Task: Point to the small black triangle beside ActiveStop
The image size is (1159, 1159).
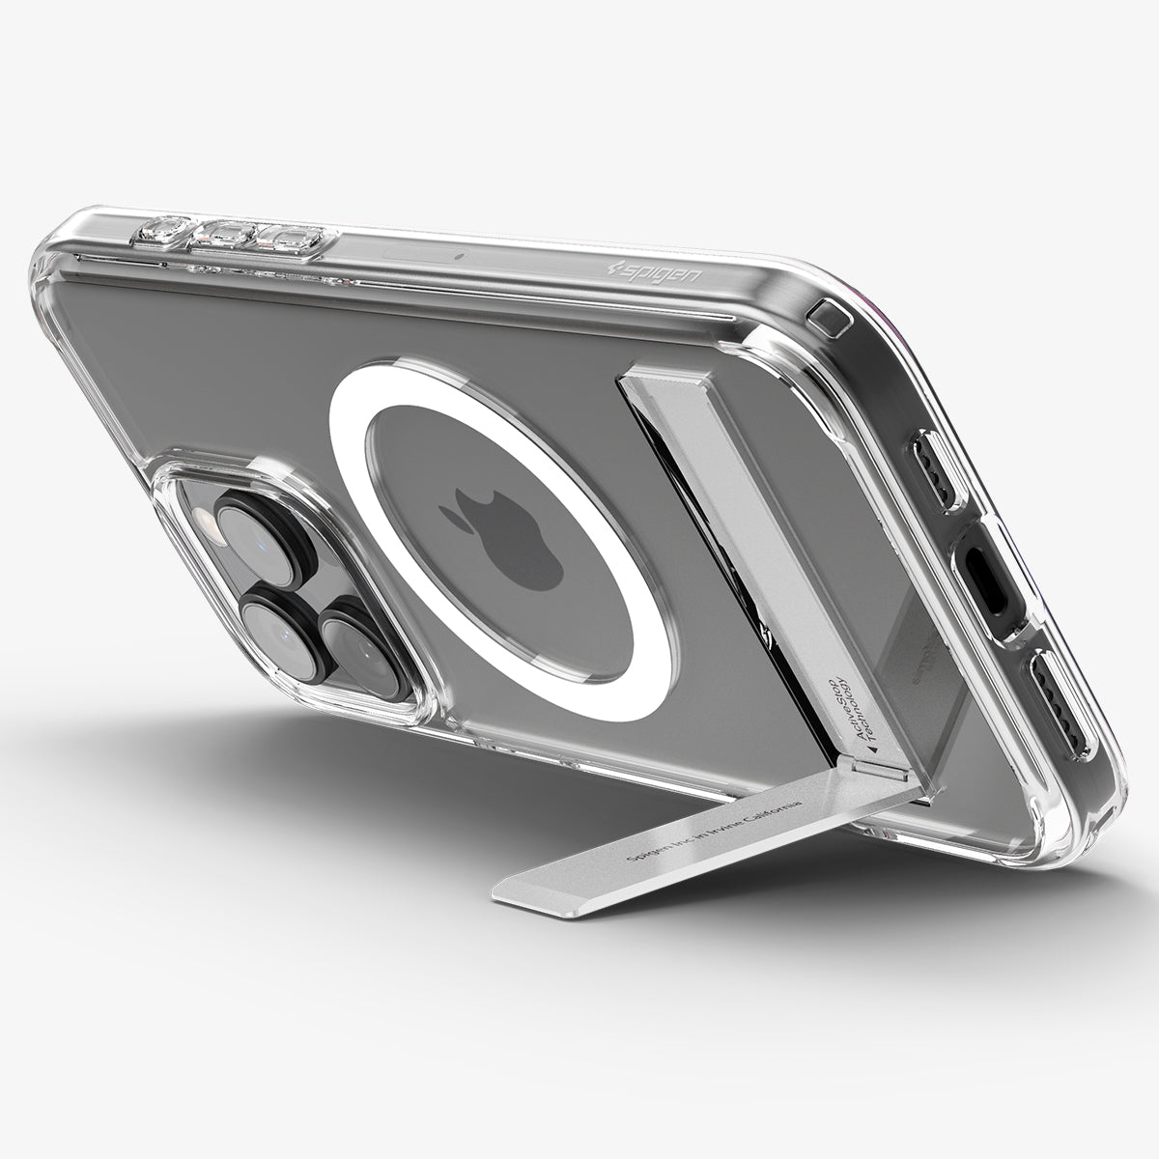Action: (x=871, y=749)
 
